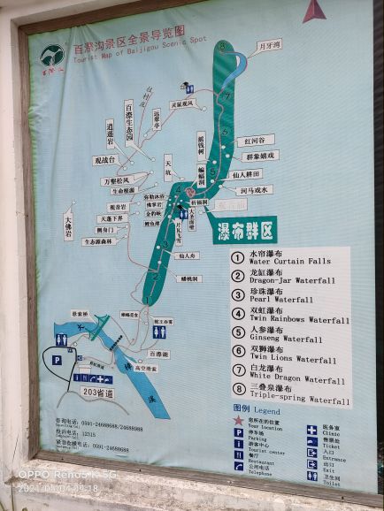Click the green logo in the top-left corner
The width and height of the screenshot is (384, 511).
(x=51, y=57)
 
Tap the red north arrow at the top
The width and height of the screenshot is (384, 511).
(x=314, y=11)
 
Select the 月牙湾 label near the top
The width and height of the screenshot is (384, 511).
(x=269, y=43)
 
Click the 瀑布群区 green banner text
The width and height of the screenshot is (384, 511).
(x=244, y=230)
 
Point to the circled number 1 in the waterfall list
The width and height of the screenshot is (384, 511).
(x=238, y=258)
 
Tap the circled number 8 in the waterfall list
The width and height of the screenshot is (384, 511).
(x=238, y=388)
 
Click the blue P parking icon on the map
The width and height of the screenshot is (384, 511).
(x=57, y=360)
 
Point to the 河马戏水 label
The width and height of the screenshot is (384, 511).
(x=256, y=189)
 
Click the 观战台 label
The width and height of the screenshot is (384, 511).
(x=105, y=162)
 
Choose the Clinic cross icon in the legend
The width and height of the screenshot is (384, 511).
(x=311, y=431)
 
